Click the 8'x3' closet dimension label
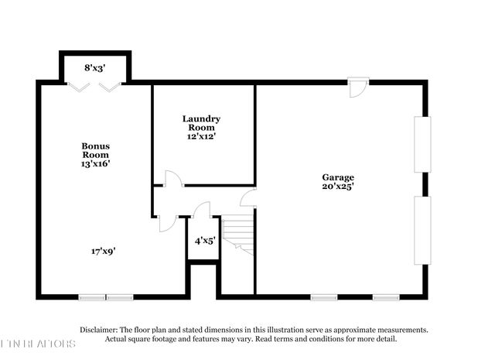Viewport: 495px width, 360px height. pyautogui.click(x=94, y=67)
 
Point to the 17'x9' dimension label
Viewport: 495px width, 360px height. pyautogui.click(x=104, y=251)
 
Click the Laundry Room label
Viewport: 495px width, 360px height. pyautogui.click(x=201, y=123)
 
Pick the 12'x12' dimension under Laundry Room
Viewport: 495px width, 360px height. pyautogui.click(x=201, y=136)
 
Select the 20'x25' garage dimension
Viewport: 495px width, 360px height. pyautogui.click(x=338, y=186)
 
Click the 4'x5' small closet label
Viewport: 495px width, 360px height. pyautogui.click(x=204, y=241)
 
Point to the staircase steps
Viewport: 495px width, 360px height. pyautogui.click(x=239, y=232)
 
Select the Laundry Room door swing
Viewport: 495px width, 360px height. pyautogui.click(x=173, y=179)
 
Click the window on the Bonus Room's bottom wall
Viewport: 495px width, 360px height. pyautogui.click(x=106, y=297)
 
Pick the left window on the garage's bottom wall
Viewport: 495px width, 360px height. pyautogui.click(x=323, y=297)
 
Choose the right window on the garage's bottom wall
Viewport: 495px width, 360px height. pyautogui.click(x=385, y=297)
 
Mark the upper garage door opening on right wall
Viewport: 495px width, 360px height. pyautogui.click(x=422, y=144)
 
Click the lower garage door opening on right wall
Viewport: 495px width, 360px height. pyautogui.click(x=422, y=230)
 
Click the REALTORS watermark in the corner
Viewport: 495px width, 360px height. pyautogui.click(x=39, y=343)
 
